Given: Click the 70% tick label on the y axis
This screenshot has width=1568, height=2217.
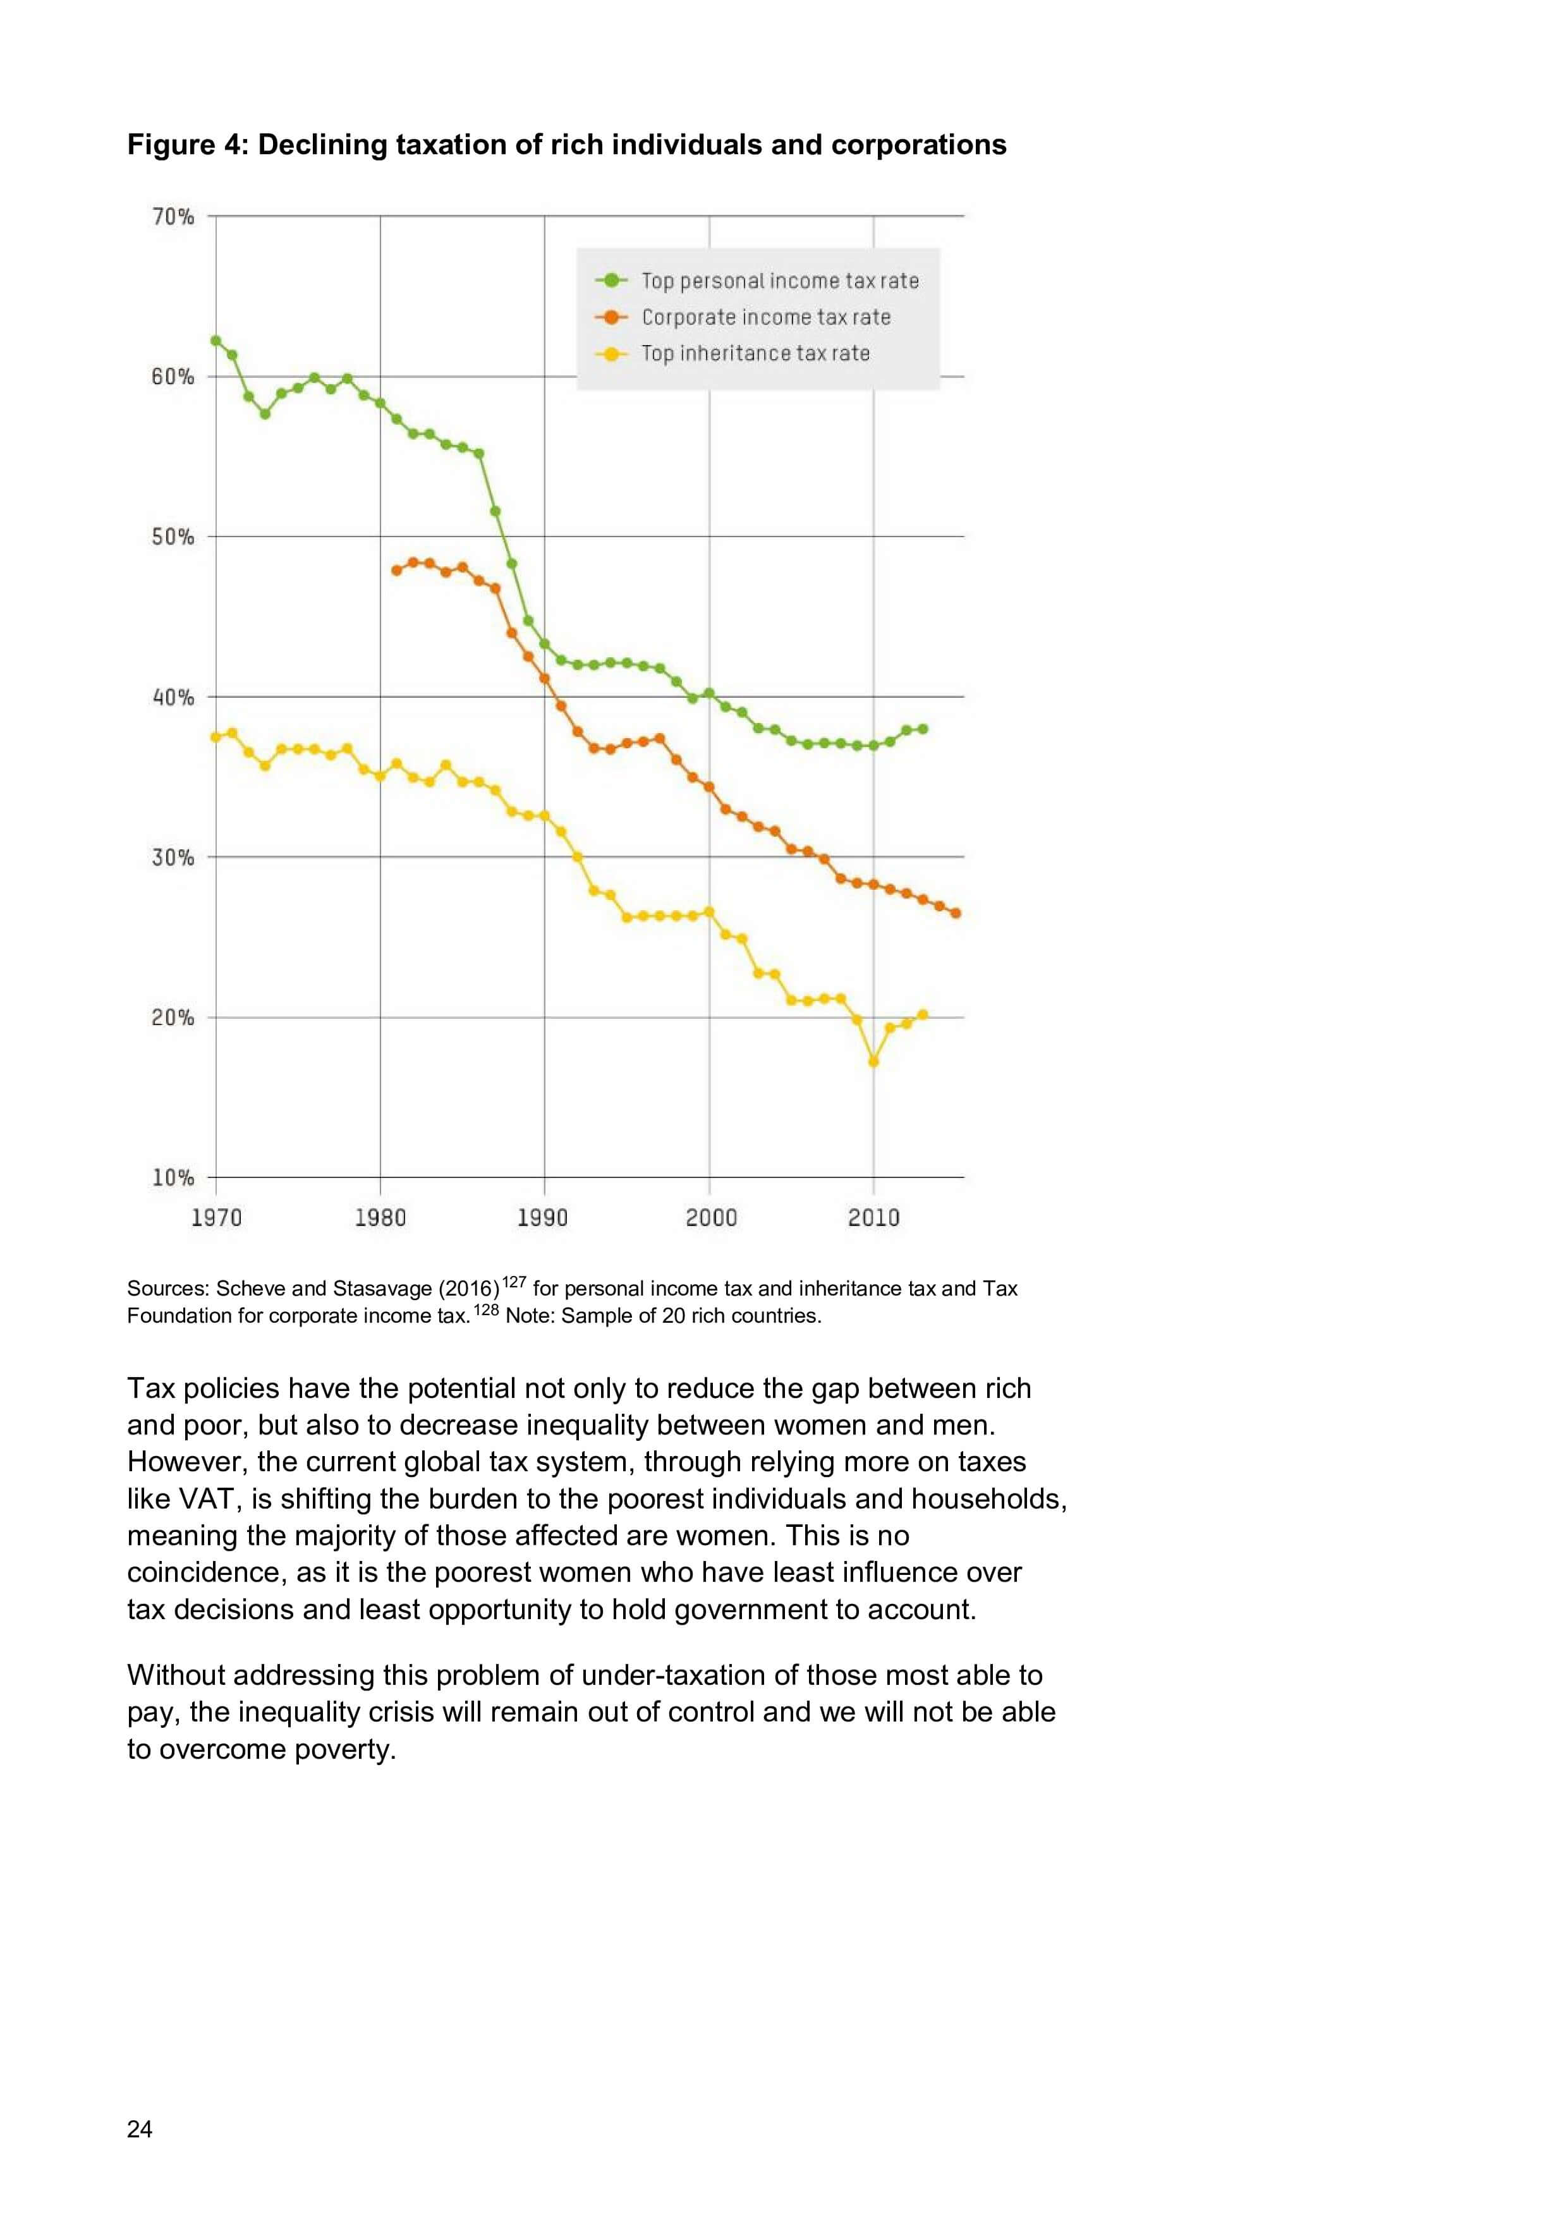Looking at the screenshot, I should click(x=173, y=216).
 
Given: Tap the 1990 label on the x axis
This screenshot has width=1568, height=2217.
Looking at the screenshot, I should click(x=543, y=1218).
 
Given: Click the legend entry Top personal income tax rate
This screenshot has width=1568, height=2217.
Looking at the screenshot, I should click(x=779, y=281).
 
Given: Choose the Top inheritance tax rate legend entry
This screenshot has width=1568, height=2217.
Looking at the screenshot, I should click(x=755, y=353).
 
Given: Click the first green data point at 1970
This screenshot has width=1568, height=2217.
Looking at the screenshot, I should click(x=216, y=340).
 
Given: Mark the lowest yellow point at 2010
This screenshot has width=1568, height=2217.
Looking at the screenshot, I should click(x=874, y=1061).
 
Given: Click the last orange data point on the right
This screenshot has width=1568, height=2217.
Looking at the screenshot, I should click(x=956, y=913).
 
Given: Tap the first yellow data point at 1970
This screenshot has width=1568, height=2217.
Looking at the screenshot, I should click(x=216, y=737).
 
